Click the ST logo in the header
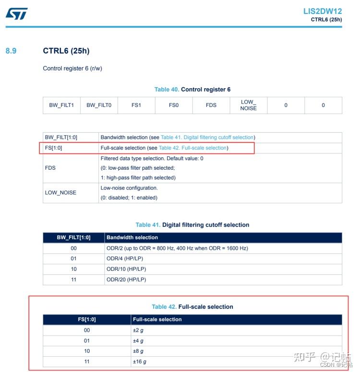point(17,13)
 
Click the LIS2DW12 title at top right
point(322,11)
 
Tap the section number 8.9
point(11,50)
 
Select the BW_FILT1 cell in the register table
point(61,105)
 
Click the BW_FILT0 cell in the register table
point(99,105)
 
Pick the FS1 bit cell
point(136,105)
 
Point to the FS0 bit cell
point(174,105)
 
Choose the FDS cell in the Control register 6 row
point(211,105)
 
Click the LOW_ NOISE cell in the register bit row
point(248,105)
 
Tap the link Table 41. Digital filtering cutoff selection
point(207,138)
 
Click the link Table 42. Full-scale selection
point(193,148)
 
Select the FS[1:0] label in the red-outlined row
point(53,148)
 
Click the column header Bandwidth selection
point(132,237)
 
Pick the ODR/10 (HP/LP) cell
point(126,269)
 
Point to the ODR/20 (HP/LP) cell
point(126,279)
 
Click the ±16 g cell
point(140,362)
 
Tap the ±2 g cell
point(138,330)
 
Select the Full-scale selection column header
point(157,319)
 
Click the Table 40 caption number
point(167,90)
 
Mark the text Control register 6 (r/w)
point(72,68)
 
